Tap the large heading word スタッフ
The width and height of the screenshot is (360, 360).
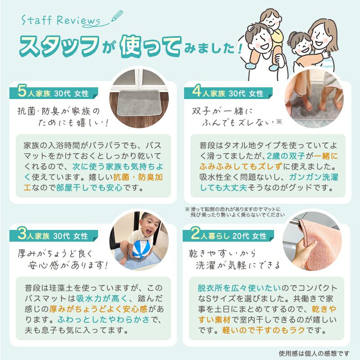(x=59, y=46)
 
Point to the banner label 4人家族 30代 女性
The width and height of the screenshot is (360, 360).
(x=228, y=94)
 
